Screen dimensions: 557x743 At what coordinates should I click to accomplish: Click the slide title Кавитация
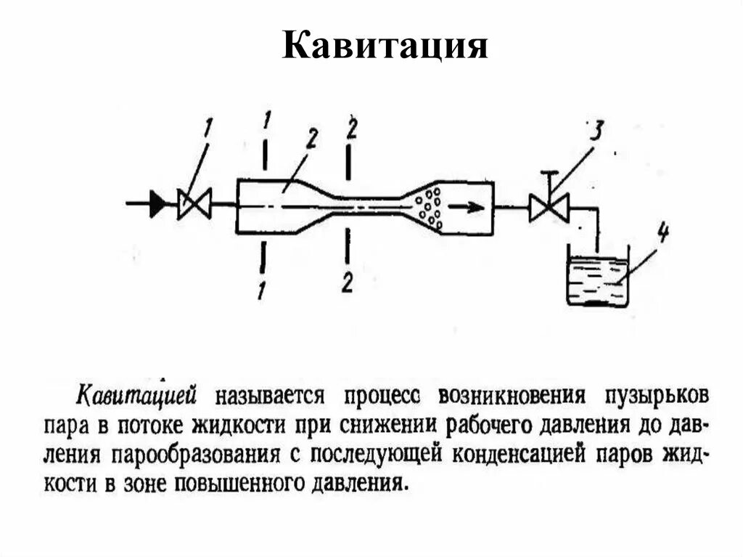tap(385, 45)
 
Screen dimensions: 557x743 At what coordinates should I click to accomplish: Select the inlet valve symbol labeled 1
tap(194, 204)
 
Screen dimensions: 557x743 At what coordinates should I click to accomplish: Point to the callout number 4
tap(662, 235)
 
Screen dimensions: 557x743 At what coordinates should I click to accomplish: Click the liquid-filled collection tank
tap(597, 279)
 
